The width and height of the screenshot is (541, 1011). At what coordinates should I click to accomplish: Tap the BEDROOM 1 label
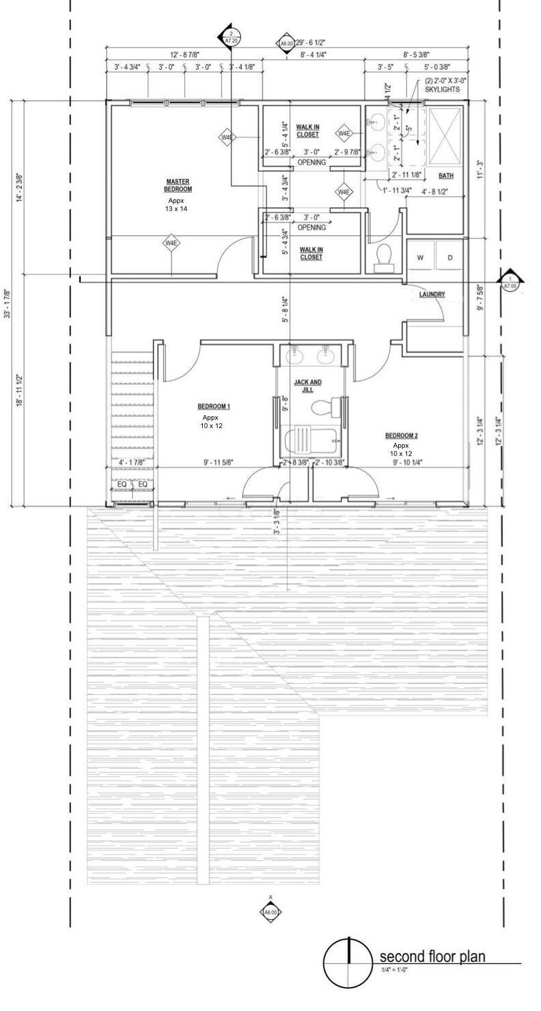click(214, 406)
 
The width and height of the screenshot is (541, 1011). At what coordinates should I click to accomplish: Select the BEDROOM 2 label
click(401, 435)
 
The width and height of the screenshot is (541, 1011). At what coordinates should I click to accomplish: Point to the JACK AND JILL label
click(308, 386)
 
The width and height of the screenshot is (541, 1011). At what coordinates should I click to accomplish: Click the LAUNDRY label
click(432, 295)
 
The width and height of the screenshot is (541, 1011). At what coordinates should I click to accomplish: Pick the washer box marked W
click(420, 258)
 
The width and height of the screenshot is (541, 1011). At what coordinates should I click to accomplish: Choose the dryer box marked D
click(450, 258)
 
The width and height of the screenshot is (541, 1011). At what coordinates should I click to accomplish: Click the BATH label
click(446, 176)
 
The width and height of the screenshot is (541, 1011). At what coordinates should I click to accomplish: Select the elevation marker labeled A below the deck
click(270, 912)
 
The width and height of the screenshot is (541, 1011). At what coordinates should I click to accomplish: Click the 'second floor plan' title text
click(432, 957)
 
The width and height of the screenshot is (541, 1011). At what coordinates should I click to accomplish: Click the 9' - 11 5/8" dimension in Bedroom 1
click(218, 463)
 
